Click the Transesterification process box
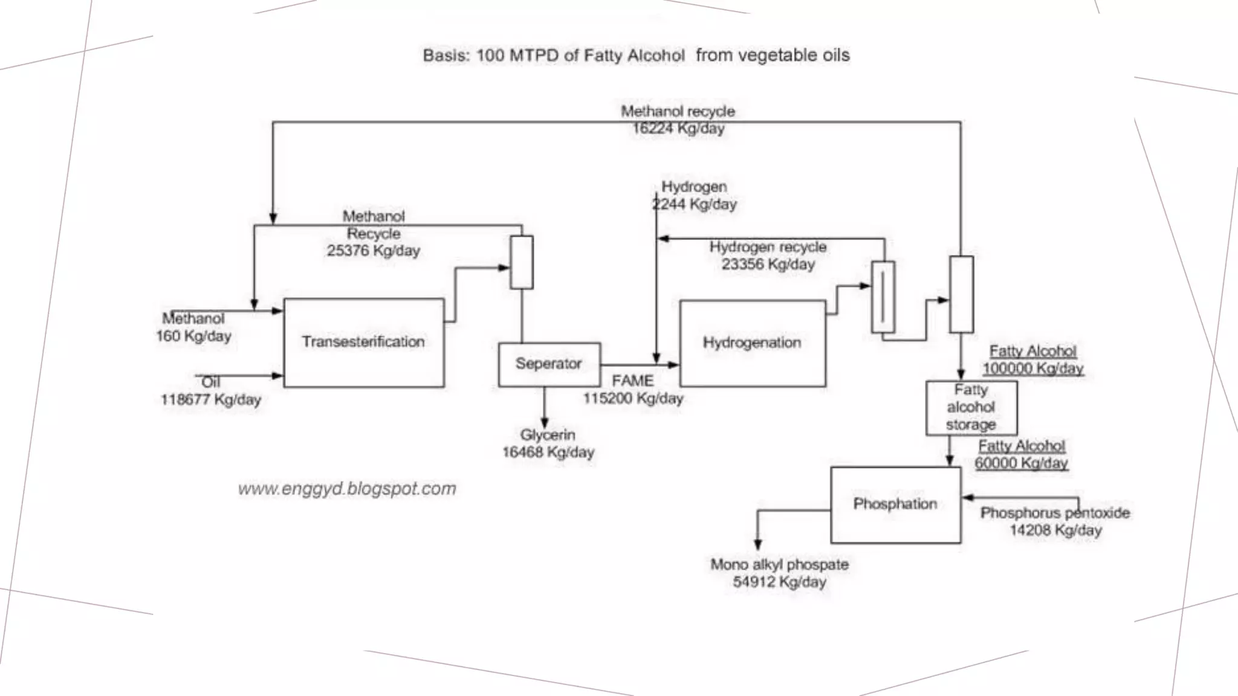363,343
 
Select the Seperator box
549,364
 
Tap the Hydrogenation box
752,343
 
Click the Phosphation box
895,504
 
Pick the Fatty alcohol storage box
971,408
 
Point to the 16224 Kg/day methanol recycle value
678,129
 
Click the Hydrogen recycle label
768,247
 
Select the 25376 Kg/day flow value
373,251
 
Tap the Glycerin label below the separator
548,435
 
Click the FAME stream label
632,381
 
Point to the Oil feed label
210,382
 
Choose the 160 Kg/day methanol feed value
193,337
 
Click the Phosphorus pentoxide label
1055,513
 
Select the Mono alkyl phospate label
779,565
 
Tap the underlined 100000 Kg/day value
1032,369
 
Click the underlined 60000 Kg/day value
1021,463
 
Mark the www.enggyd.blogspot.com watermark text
347,489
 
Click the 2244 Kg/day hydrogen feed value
695,204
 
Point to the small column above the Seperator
522,262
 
